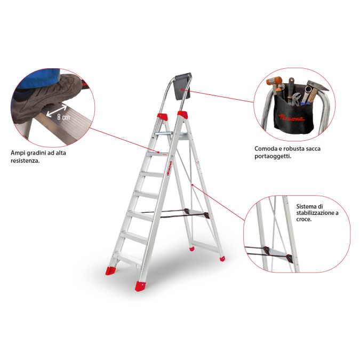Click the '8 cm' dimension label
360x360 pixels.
(x=63, y=117)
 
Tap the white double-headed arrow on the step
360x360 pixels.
(x=57, y=111)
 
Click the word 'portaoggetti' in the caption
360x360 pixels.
(x=273, y=157)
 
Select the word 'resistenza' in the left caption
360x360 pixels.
(x=25, y=161)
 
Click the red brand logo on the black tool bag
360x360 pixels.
(x=292, y=118)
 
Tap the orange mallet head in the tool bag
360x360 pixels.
(x=274, y=81)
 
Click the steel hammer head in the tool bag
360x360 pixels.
(x=317, y=86)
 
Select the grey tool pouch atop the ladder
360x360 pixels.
(x=183, y=86)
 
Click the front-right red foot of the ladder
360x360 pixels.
(x=140, y=286)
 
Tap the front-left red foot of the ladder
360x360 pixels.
(x=110, y=271)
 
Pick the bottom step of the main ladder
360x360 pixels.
(x=127, y=258)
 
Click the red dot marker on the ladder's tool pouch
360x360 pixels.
(x=181, y=89)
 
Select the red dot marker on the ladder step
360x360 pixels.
(x=158, y=152)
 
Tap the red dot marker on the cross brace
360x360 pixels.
(x=192, y=185)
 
